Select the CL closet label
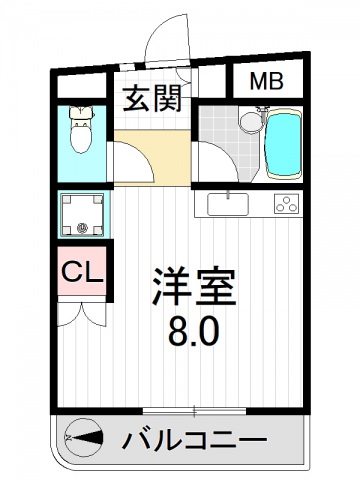tap(78, 271)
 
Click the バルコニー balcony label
tap(195, 439)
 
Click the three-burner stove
tap(286, 205)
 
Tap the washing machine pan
tap(83, 214)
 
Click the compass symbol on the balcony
tap(84, 438)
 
